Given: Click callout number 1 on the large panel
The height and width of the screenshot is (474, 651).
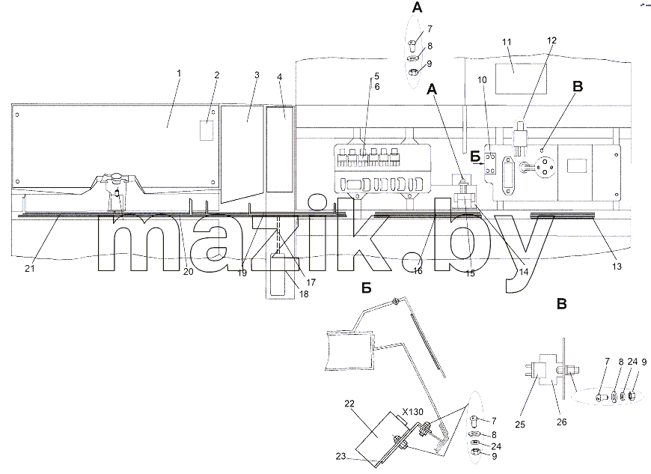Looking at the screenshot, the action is click(179, 73).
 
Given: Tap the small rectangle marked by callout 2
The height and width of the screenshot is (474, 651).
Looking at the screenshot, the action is click(207, 130).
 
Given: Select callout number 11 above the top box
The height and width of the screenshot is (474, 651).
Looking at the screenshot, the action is click(507, 42).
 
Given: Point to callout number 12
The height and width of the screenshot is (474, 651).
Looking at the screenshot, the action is click(551, 40).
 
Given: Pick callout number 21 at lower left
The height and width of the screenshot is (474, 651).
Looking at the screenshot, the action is click(29, 269).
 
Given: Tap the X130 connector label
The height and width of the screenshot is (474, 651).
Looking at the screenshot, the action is click(413, 412).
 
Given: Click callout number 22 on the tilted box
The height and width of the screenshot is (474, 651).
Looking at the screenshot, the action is click(349, 404).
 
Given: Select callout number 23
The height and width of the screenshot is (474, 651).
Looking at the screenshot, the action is click(341, 456).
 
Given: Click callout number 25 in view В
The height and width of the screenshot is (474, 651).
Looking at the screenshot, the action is click(520, 425).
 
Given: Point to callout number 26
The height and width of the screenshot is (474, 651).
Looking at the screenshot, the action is click(561, 422).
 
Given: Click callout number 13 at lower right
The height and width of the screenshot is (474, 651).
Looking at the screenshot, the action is click(617, 267).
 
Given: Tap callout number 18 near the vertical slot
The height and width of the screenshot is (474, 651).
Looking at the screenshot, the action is click(304, 294).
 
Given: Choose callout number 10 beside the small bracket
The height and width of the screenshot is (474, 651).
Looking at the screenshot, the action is click(482, 80).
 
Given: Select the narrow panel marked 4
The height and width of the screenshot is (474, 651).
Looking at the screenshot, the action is click(279, 150).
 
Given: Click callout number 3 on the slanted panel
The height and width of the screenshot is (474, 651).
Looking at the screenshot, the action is click(257, 75).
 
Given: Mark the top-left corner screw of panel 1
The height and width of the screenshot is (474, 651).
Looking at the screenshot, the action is click(16, 115).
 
